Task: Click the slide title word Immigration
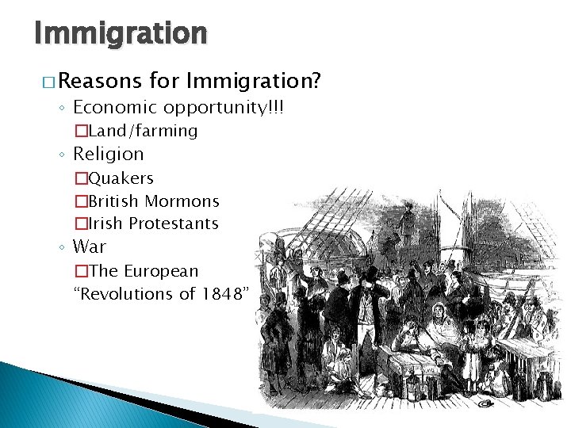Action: tap(121, 33)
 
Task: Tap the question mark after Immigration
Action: tap(316, 81)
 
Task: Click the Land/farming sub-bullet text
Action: tap(143, 131)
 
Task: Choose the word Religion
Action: tap(108, 154)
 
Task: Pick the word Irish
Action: tap(105, 224)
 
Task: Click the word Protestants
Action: tap(174, 224)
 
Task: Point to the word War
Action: tap(90, 247)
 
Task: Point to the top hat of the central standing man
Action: tap(370, 274)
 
